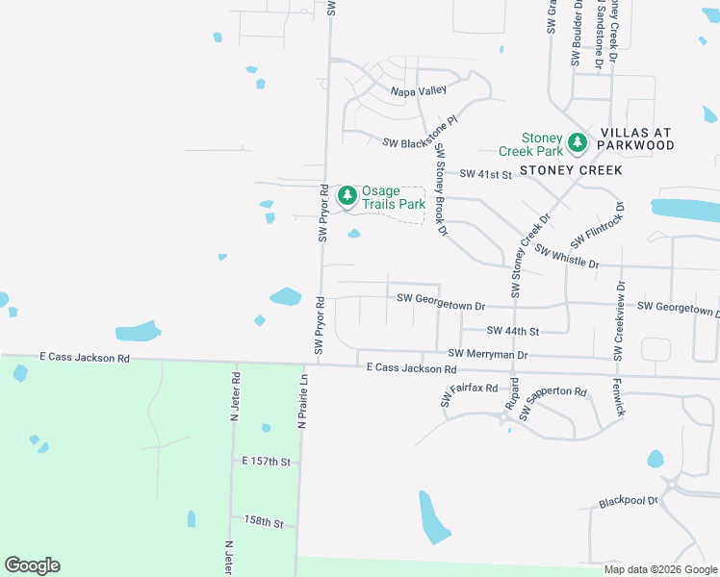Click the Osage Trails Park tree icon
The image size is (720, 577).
(347, 196)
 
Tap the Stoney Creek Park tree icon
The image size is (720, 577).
(578, 143)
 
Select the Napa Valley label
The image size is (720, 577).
(418, 90)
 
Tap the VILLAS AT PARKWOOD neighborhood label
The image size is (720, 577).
(636, 138)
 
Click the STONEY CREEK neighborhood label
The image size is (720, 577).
(571, 170)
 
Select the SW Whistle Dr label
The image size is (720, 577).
(567, 257)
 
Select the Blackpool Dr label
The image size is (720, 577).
(628, 501)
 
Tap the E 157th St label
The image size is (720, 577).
(266, 462)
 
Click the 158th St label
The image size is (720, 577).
(264, 523)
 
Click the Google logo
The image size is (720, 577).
(32, 565)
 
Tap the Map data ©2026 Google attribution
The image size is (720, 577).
(660, 569)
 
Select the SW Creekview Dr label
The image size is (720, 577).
(619, 322)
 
